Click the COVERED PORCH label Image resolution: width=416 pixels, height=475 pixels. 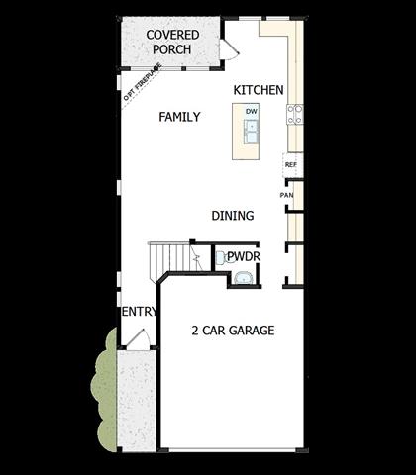point(172,42)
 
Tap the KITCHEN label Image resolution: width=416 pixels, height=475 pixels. point(259,90)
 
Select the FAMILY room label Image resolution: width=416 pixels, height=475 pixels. point(179,117)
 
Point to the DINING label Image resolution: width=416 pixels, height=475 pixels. point(233,216)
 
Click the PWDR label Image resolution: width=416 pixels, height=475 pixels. point(244,256)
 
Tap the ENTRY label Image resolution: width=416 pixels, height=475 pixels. point(140,312)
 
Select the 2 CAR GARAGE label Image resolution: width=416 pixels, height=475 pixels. point(233,331)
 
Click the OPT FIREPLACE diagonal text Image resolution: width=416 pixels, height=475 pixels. point(143,82)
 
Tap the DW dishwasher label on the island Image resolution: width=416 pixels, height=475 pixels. point(252,112)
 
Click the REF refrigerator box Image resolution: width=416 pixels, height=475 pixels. point(292,165)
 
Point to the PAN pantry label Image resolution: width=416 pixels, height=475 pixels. point(286,195)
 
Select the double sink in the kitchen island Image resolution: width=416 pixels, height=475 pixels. point(252,132)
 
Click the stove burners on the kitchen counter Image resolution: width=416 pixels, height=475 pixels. point(295,115)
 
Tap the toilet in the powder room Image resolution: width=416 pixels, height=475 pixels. point(223,257)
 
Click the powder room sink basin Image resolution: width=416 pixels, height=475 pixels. point(244,278)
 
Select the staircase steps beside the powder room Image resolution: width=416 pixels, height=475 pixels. point(170,260)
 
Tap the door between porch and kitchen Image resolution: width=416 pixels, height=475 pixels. point(229,49)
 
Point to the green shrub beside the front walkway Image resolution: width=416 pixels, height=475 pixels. point(104,389)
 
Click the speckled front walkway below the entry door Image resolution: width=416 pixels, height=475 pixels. point(137,400)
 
